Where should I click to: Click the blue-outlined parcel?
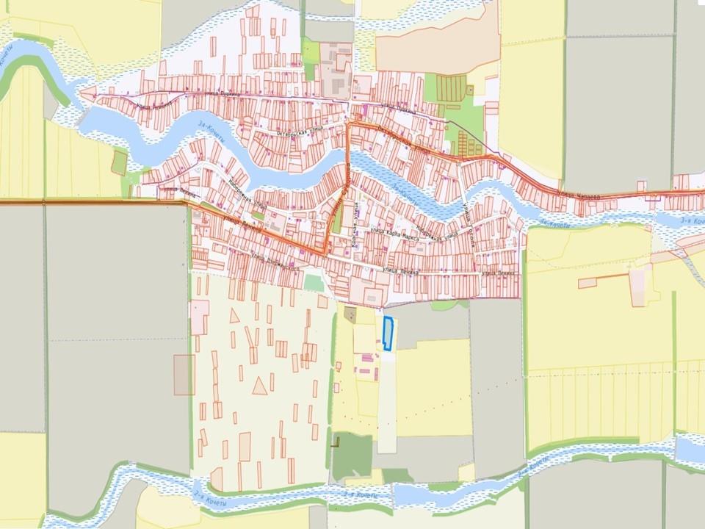click(x=388, y=333)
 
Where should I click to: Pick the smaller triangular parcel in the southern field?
click(x=234, y=317)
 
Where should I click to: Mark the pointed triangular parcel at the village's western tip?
click(x=87, y=93)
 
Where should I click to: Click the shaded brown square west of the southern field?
click(x=184, y=374)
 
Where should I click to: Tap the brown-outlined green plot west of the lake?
click(x=119, y=161)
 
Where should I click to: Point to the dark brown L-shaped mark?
click(x=337, y=442)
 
